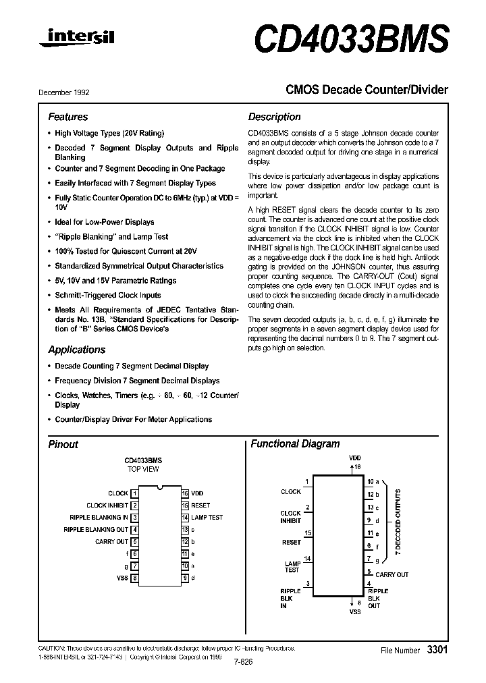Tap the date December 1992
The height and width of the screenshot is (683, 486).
[64, 92]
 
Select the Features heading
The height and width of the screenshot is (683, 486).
[67, 117]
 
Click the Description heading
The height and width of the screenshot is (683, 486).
[274, 117]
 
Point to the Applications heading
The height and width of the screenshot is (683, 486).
[76, 350]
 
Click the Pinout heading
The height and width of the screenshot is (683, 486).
[63, 444]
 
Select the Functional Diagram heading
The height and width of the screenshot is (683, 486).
[295, 444]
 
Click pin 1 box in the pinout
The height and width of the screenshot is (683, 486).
[135, 493]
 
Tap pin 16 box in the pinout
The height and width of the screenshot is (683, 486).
[184, 493]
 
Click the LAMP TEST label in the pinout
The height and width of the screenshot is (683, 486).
[207, 518]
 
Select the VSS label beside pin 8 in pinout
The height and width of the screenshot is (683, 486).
[122, 578]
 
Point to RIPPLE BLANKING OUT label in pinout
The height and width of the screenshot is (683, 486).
[96, 530]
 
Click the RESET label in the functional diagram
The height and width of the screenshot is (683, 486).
[291, 542]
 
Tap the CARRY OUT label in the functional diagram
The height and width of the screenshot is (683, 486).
[391, 575]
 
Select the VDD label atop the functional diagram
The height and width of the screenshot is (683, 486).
[354, 458]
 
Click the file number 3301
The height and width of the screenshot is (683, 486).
[437, 650]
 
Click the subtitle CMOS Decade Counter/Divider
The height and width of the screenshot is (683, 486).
[367, 89]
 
